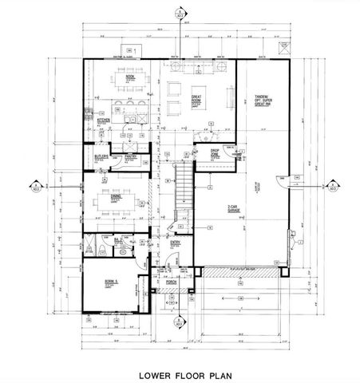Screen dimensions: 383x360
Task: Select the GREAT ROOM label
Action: click(196, 99)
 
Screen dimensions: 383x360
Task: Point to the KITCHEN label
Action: click(103, 121)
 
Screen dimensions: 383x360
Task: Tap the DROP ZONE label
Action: click(216, 152)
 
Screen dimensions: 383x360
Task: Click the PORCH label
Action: click(170, 282)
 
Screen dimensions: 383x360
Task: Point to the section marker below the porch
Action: click(179, 322)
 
